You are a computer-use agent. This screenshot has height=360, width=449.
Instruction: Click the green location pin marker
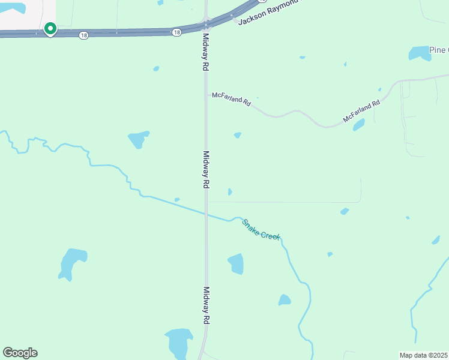pyautogui.click(x=50, y=29)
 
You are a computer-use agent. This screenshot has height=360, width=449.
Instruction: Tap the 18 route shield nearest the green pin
pyautogui.click(x=83, y=36)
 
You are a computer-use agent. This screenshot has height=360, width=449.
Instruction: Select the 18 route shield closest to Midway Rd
pyautogui.click(x=176, y=32)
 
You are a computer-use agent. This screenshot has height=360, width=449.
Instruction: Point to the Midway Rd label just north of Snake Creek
pyautogui.click(x=205, y=170)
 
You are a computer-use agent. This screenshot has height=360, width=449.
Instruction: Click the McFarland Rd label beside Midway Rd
pyautogui.click(x=231, y=100)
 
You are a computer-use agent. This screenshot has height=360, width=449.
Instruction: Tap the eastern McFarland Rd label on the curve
pyautogui.click(x=361, y=112)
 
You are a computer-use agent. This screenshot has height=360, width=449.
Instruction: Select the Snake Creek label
pyautogui.click(x=261, y=230)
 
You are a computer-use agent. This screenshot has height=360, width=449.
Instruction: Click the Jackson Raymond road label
pyautogui.click(x=268, y=13)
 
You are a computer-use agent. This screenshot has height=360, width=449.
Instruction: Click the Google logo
pyautogui.click(x=20, y=353)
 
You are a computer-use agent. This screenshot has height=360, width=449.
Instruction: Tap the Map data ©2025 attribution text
pyautogui.click(x=424, y=355)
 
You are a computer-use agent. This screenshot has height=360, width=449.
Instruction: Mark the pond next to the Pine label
pyautogui.click(x=420, y=54)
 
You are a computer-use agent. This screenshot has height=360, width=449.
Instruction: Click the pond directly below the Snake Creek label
pyautogui.click(x=236, y=263)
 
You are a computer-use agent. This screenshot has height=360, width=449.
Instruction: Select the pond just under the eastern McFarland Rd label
pyautogui.click(x=358, y=125)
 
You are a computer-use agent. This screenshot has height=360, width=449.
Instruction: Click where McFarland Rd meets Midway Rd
pyautogui.click(x=206, y=94)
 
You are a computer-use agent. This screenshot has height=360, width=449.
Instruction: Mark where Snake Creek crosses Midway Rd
pyautogui.click(x=206, y=212)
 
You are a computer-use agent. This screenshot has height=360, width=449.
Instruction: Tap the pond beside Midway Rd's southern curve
pyautogui.click(x=179, y=343)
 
